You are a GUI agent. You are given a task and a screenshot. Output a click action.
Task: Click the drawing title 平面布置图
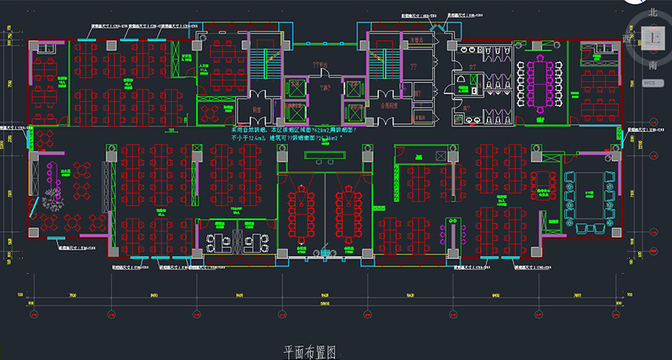click(308, 352)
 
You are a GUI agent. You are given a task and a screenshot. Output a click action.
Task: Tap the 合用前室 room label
click(391, 105)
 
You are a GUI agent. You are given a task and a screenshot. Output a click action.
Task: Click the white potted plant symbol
click(53, 198)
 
